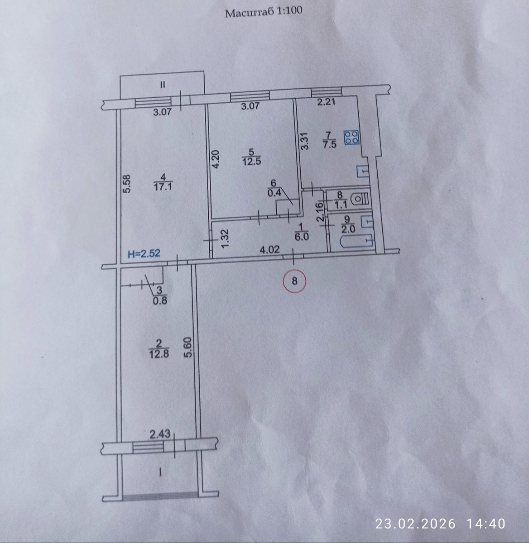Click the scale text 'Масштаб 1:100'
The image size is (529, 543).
(264, 12)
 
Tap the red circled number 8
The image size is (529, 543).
(294, 281)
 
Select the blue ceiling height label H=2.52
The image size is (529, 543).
(144, 253)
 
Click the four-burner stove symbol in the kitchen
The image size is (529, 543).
(351, 138)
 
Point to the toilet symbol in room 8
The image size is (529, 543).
(361, 200)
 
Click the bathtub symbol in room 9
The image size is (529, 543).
(357, 241)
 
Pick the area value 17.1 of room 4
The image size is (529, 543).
(163, 187)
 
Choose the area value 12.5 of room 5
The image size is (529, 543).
(251, 162)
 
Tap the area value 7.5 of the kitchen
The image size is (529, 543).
(330, 144)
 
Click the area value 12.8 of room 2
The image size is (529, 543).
(159, 354)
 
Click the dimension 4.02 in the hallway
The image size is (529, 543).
(269, 249)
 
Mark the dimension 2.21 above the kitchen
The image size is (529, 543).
(326, 102)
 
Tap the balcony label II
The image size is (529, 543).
(163, 84)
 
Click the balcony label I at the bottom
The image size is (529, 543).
(160, 472)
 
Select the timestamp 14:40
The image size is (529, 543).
(486, 524)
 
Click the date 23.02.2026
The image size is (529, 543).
(415, 524)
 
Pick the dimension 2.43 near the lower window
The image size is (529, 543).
(160, 434)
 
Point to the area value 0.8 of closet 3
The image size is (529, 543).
(160, 301)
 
